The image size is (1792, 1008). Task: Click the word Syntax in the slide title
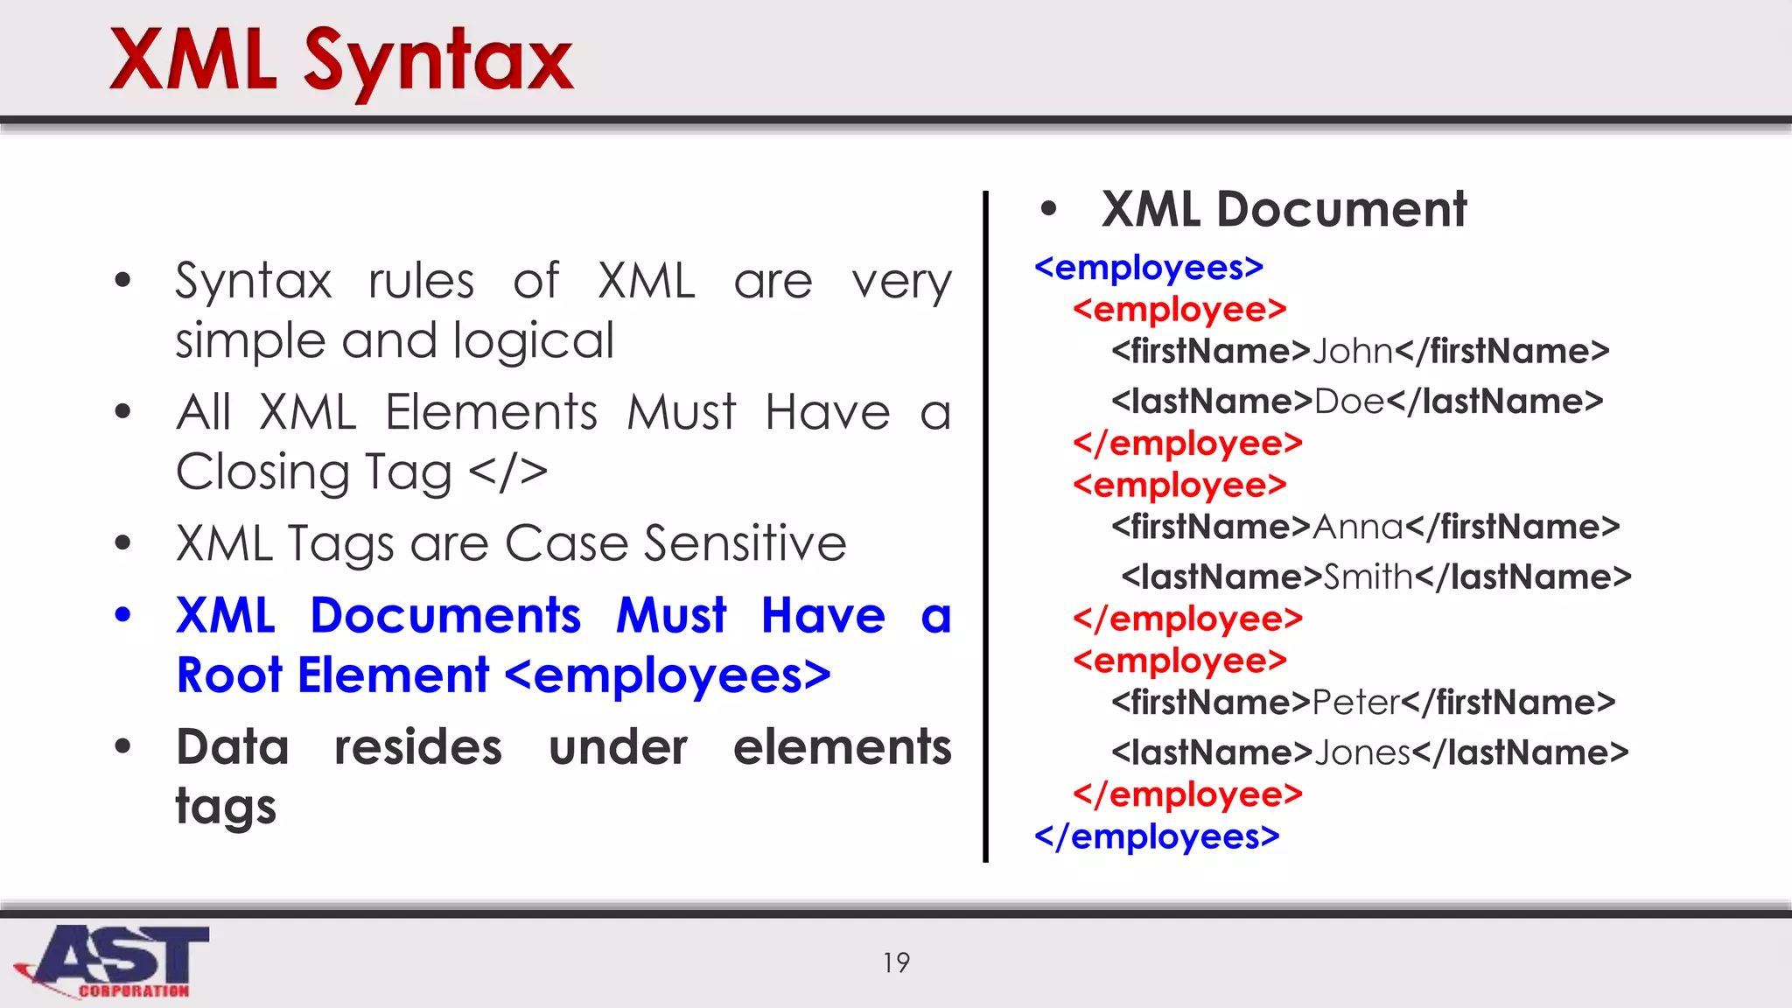tap(437, 61)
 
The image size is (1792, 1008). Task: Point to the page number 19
tap(896, 962)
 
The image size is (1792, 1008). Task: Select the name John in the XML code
tap(1353, 352)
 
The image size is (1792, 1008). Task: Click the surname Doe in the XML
tap(1349, 402)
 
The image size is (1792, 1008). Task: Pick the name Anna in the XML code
tap(1358, 528)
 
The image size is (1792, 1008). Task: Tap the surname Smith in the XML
tap(1368, 577)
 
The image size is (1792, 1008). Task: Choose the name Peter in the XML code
tap(1356, 703)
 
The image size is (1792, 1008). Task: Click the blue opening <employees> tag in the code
tap(1149, 268)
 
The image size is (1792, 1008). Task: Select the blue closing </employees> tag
tap(1157, 836)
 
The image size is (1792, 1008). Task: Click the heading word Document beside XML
tap(1341, 210)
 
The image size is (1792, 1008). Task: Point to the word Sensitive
tap(745, 543)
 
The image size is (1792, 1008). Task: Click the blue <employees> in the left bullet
tap(668, 675)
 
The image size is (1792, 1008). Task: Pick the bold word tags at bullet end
tap(226, 807)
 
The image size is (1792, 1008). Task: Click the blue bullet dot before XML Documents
tap(123, 615)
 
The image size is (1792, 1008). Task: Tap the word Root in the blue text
tap(229, 675)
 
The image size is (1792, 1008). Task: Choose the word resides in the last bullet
tap(418, 747)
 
